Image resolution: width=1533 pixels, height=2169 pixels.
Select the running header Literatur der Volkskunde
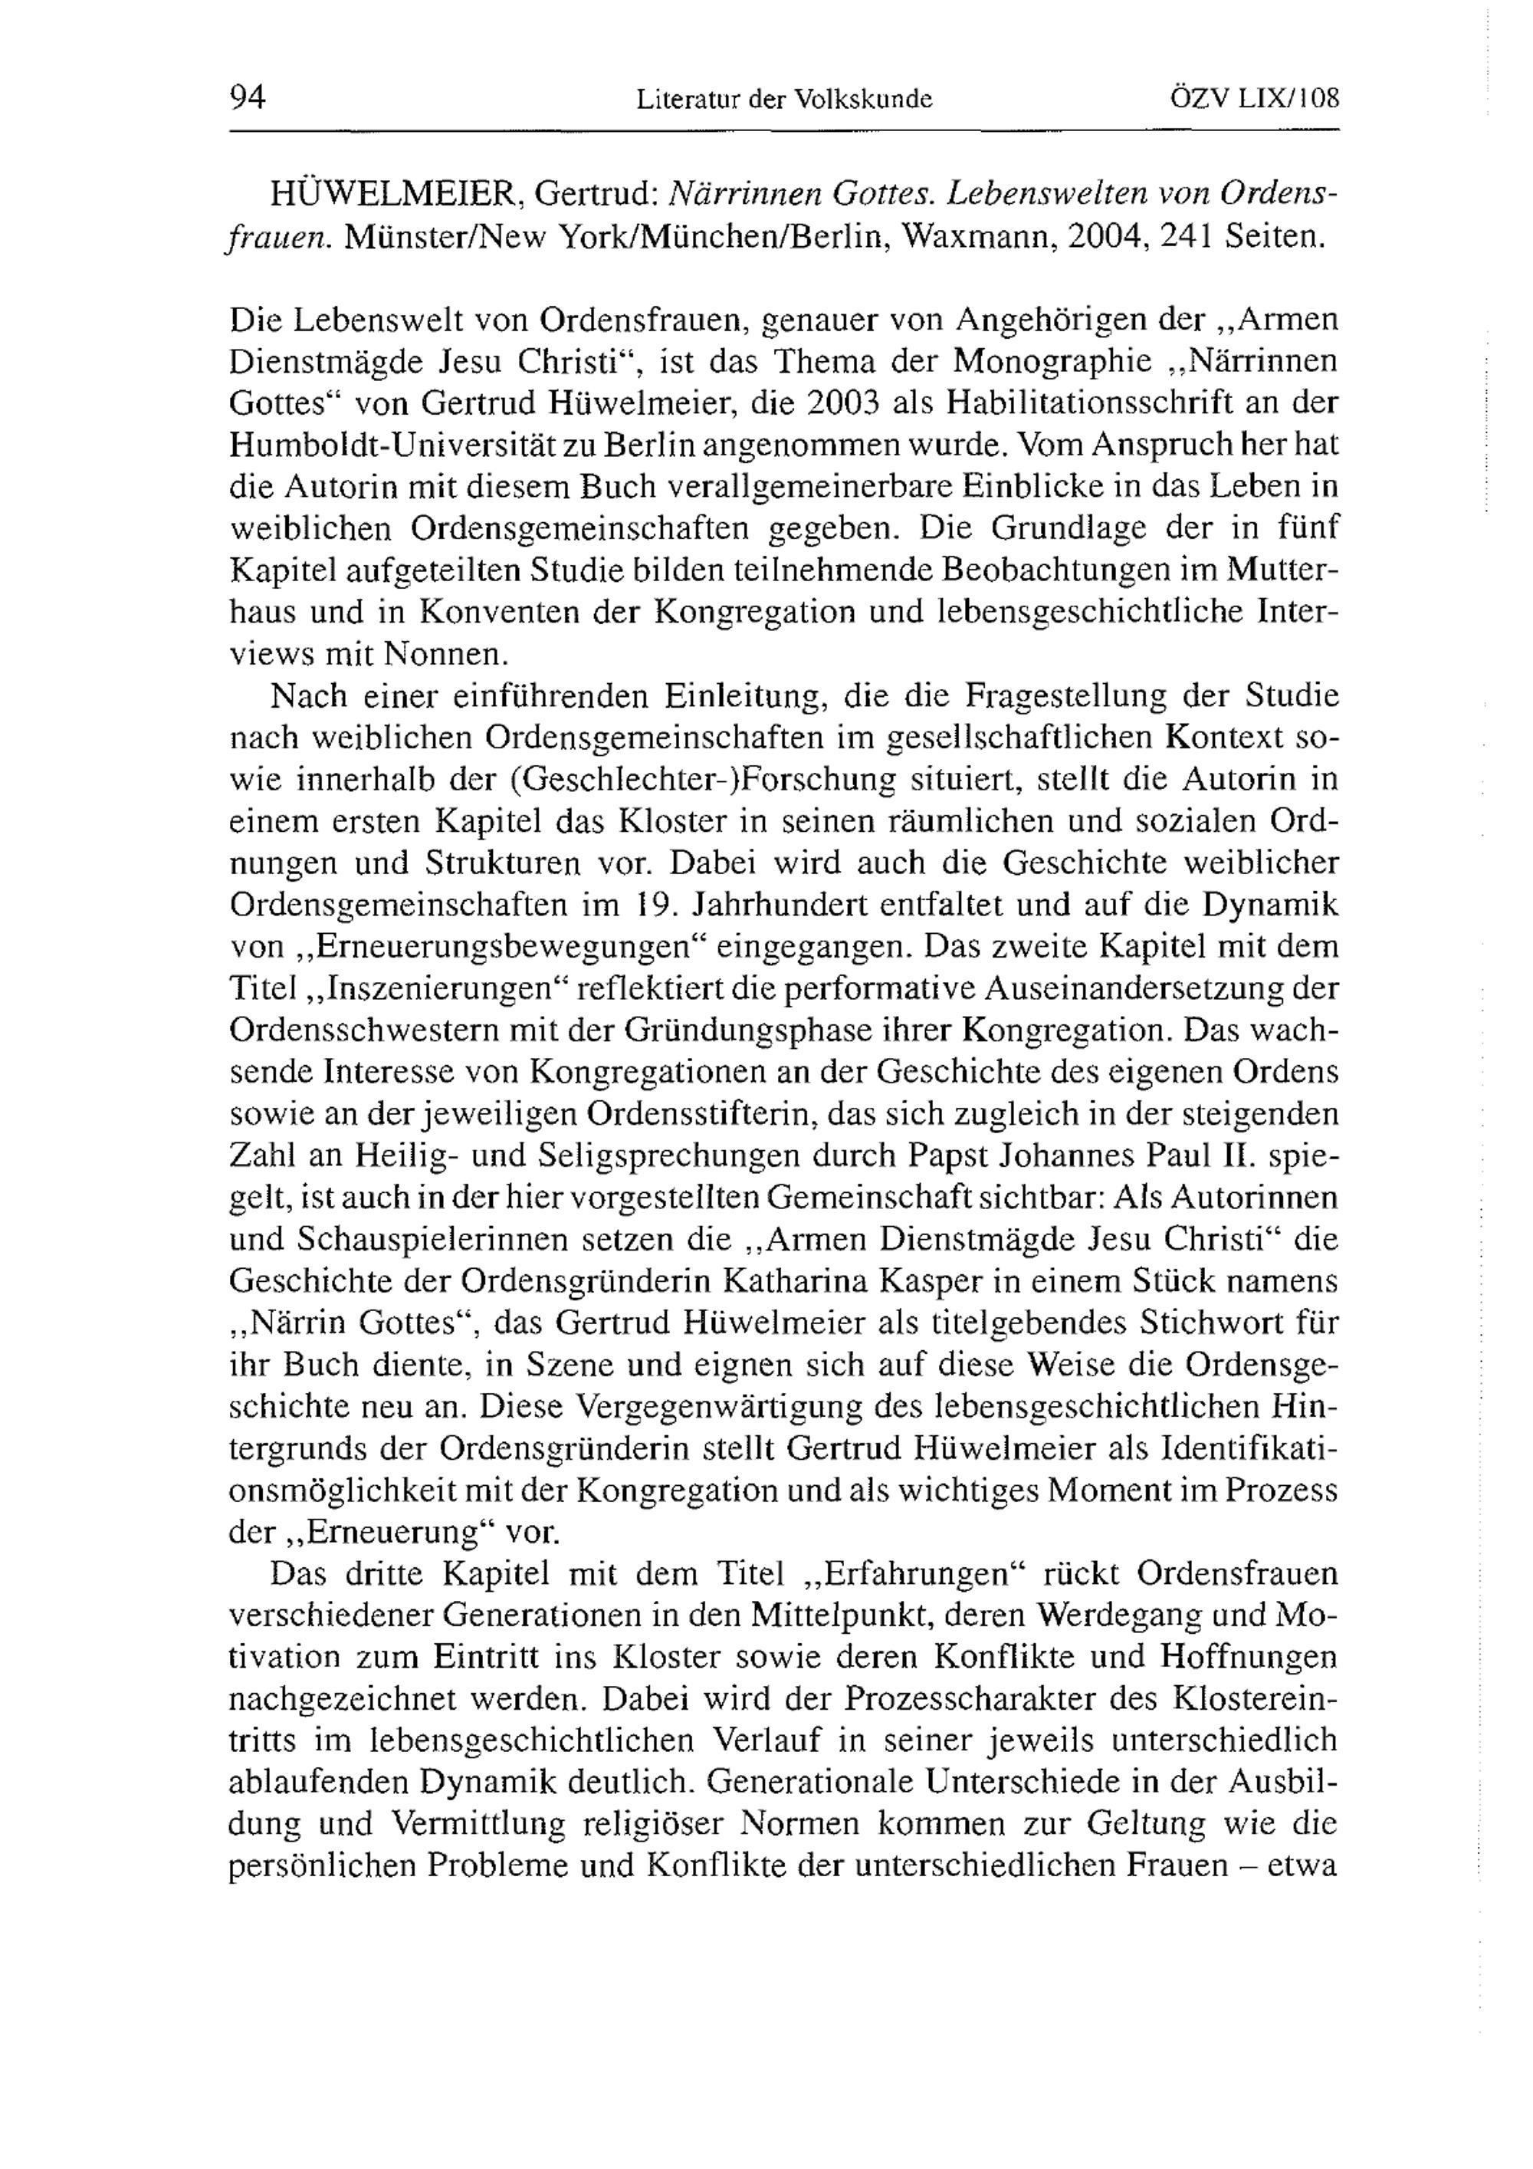click(x=784, y=98)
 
